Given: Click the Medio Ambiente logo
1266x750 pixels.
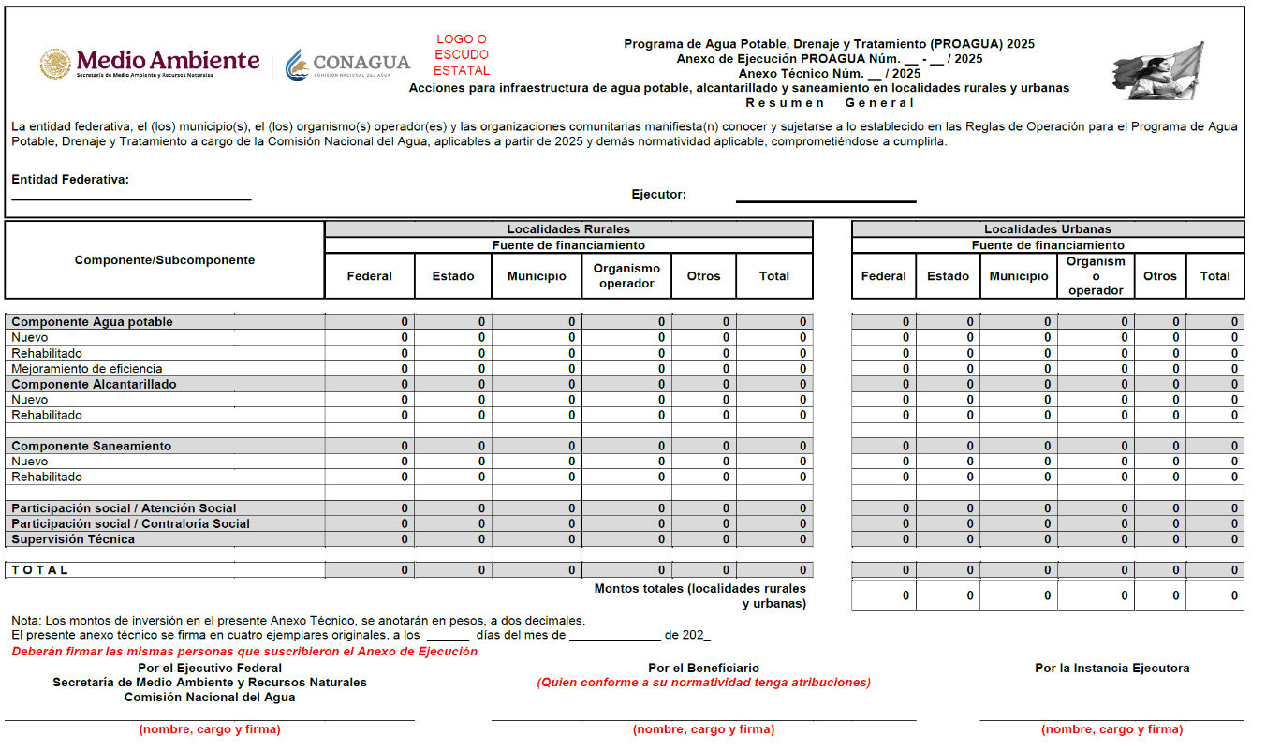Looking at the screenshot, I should point(150,64).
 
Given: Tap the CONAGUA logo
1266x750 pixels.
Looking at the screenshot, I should point(348,64).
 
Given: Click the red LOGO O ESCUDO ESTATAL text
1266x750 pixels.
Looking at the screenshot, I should point(462,55).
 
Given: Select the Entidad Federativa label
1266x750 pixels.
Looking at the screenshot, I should point(70,180).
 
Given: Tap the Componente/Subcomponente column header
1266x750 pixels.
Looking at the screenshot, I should point(165,260).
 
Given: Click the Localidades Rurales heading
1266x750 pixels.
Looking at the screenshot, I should point(568,229).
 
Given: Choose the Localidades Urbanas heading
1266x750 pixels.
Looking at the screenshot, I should point(1047,229).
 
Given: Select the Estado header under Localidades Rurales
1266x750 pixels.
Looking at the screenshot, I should point(453,276).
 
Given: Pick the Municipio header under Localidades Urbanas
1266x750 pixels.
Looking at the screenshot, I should point(1019,276).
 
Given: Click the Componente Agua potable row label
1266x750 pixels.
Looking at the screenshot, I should point(92,322).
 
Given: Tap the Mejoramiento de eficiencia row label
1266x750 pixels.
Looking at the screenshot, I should point(86,369).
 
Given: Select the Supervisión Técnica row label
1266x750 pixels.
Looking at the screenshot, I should point(73,539).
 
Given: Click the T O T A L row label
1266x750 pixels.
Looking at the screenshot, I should point(40,570).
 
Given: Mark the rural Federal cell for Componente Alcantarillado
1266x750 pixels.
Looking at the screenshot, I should point(370,385).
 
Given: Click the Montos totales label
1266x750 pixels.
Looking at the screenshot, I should point(699,596).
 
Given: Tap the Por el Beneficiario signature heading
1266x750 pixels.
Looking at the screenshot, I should point(703,669).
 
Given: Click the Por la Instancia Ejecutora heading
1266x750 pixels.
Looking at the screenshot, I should point(1111,669).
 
